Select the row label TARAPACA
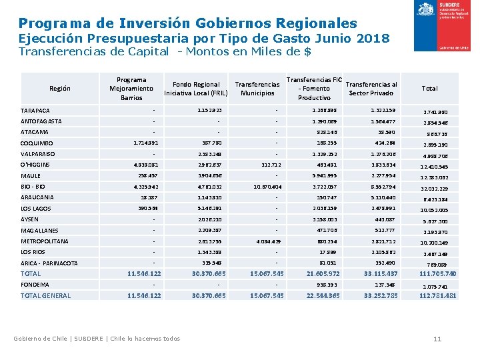35,111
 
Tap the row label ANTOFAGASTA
41,121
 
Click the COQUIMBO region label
37,143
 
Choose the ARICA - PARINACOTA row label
49,263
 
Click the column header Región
59,89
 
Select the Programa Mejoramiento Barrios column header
131,89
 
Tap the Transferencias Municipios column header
257,89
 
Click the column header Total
430,88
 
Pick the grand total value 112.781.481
437,296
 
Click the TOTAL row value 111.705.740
437,274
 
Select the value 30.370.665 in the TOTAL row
209,274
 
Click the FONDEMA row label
35,285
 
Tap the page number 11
437,339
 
